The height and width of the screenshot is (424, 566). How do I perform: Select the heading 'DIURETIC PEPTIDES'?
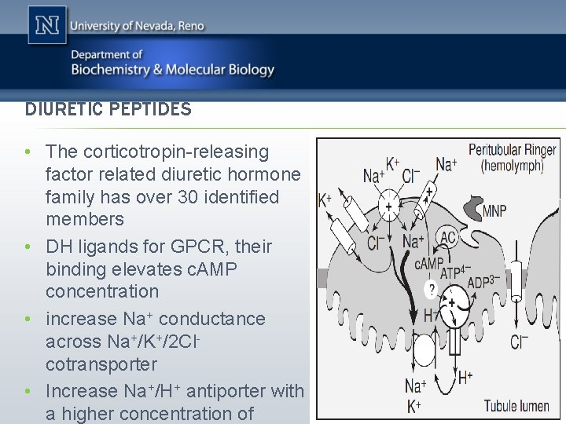tap(108, 109)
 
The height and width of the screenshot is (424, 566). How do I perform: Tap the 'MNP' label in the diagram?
tap(494, 211)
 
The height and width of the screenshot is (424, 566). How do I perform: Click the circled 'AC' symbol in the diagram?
tap(448, 236)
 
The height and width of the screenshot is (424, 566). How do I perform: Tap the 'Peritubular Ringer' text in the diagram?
tap(512, 149)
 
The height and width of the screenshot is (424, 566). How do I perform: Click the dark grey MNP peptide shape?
tap(472, 207)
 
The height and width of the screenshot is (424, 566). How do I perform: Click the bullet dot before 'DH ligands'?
tap(28, 247)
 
